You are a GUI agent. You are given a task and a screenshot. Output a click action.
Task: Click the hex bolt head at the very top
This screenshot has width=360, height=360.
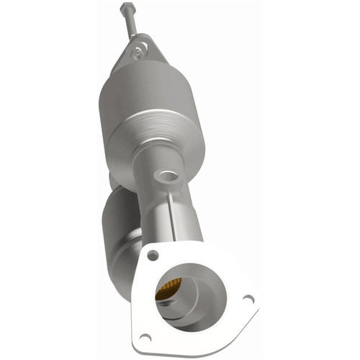point(127,8)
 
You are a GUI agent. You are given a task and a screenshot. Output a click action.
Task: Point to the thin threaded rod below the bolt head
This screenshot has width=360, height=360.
point(130,23)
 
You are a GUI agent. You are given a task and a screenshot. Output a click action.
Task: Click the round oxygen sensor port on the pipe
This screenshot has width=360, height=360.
point(168,175)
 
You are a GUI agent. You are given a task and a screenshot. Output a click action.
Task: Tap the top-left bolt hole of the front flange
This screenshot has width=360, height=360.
point(151,255)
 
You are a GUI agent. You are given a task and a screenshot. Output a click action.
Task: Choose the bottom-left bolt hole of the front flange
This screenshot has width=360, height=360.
point(145,336)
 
